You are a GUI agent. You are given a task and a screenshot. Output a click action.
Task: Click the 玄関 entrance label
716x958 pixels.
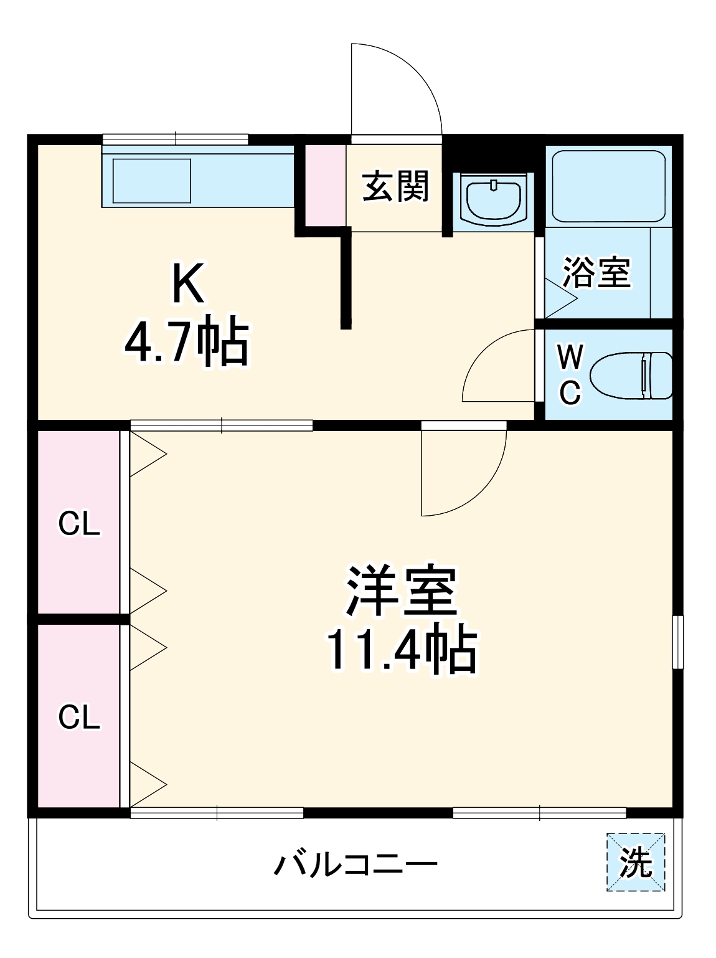[396, 186]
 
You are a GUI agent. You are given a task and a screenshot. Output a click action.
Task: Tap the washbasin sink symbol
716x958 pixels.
[494, 200]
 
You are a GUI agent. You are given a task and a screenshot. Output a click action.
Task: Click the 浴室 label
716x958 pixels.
[597, 272]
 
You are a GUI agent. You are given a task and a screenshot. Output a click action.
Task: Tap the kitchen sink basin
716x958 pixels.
[151, 181]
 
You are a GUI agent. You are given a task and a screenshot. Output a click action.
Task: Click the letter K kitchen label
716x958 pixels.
[188, 283]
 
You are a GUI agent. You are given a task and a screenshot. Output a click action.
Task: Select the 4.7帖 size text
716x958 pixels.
[187, 343]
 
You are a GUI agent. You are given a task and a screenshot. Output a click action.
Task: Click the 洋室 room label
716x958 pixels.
[402, 590]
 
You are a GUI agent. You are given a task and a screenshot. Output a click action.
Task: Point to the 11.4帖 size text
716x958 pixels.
[402, 650]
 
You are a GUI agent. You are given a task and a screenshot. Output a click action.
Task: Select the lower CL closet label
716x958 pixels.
[79, 717]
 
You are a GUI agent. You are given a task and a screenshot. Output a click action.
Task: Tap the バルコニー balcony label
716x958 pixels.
[356, 865]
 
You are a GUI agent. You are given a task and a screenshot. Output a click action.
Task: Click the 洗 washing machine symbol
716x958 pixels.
[636, 863]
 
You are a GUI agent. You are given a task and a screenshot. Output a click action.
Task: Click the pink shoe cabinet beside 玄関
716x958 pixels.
[326, 185]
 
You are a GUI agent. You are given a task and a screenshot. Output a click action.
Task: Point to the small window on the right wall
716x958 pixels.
[678, 642]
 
